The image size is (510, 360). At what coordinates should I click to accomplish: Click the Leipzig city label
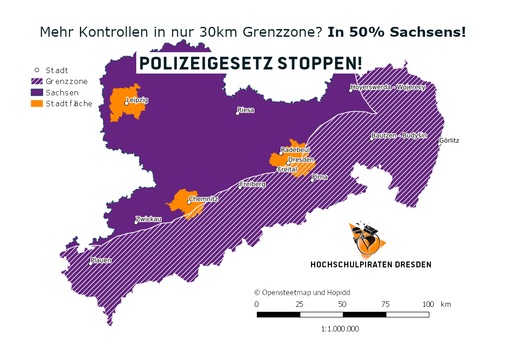coord(137,100)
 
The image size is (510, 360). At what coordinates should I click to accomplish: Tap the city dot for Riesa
coord(238,113)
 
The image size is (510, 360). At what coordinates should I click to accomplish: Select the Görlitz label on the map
coord(449,140)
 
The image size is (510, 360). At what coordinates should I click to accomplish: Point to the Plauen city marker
coord(91,264)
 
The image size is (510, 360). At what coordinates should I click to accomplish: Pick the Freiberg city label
coord(253,184)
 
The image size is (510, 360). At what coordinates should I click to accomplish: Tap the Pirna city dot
coord(312,181)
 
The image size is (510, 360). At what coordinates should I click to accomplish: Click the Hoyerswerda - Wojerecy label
coord(389,87)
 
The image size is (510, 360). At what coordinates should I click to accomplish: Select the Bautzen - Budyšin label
coord(399,135)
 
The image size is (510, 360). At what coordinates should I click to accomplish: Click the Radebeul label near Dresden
coord(295,150)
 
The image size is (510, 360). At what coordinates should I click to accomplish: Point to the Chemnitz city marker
coord(189,202)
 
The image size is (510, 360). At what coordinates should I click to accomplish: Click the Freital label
coord(287,169)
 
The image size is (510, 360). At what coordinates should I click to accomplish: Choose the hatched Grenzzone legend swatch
coord(37,82)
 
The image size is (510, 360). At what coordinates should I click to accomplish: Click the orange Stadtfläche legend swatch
coord(37,104)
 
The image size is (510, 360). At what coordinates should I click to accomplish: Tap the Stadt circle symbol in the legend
coord(37,70)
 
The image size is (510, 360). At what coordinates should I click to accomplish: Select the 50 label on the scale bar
coord(342,304)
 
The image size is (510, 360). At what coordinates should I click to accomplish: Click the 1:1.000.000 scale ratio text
coord(340,329)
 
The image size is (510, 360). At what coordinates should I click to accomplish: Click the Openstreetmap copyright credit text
coord(302,293)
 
